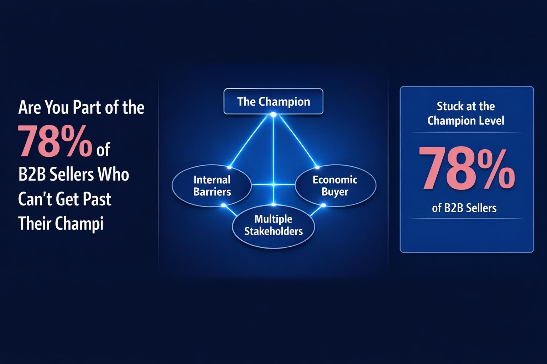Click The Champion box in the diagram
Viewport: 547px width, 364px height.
click(273, 102)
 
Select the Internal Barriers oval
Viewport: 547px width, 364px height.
click(212, 186)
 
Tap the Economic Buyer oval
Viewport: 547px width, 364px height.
click(335, 186)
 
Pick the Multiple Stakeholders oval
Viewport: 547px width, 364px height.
click(273, 225)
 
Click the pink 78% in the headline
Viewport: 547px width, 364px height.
click(55, 143)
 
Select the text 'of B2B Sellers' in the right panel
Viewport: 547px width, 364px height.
click(464, 208)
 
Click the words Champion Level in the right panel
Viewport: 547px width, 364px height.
click(466, 121)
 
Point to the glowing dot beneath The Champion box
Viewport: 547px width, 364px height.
click(273, 114)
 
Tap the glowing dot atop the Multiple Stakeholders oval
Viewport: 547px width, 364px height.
click(273, 205)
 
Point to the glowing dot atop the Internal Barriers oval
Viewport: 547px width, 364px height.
click(229, 167)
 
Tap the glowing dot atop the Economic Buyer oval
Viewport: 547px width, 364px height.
click(317, 167)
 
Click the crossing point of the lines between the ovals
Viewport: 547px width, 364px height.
click(273, 184)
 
